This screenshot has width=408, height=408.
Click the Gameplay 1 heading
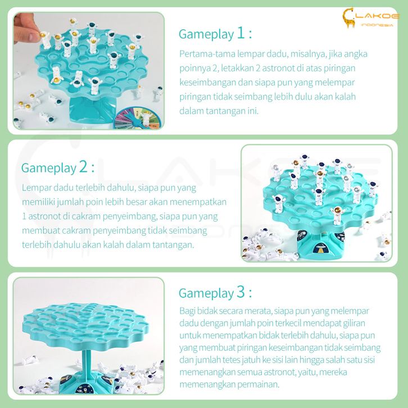click(x=215, y=34)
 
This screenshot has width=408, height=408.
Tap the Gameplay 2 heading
click(x=58, y=167)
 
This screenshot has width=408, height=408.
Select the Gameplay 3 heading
click(x=215, y=293)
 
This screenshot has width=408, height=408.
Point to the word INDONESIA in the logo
click(x=377, y=25)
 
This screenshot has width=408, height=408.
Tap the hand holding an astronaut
click(x=26, y=28)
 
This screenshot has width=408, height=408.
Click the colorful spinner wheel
click(x=138, y=119)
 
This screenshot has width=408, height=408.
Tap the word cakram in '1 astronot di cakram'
click(x=86, y=216)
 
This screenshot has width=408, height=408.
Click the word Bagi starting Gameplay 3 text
click(x=187, y=311)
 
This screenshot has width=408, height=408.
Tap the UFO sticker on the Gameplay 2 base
click(x=320, y=248)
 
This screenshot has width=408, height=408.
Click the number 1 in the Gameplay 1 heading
click(x=240, y=33)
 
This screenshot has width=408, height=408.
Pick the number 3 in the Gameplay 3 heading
click(x=241, y=292)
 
